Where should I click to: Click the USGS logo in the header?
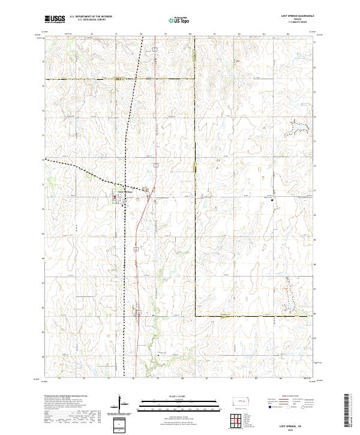pos(55,19)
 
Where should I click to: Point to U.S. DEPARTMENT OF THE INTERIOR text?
pos(91,16)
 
